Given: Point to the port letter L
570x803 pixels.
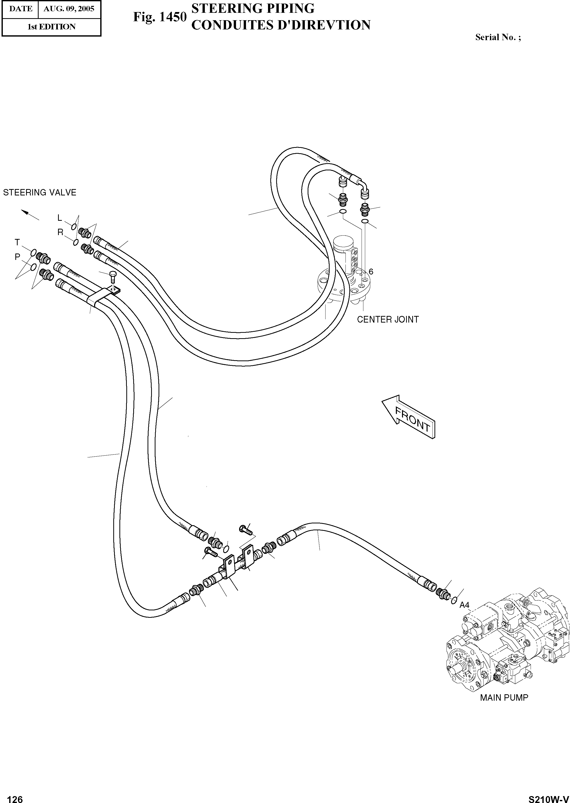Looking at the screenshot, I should (x=60, y=218).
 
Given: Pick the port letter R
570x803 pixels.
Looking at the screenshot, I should (x=60, y=232).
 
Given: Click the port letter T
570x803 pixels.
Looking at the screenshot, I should (x=17, y=243).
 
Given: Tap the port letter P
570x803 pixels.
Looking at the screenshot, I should (x=17, y=257).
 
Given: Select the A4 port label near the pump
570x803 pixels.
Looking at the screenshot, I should (x=464, y=605).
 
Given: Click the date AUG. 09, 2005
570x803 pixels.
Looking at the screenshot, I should (x=69, y=9).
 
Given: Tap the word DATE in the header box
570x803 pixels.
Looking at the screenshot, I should (x=20, y=9).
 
